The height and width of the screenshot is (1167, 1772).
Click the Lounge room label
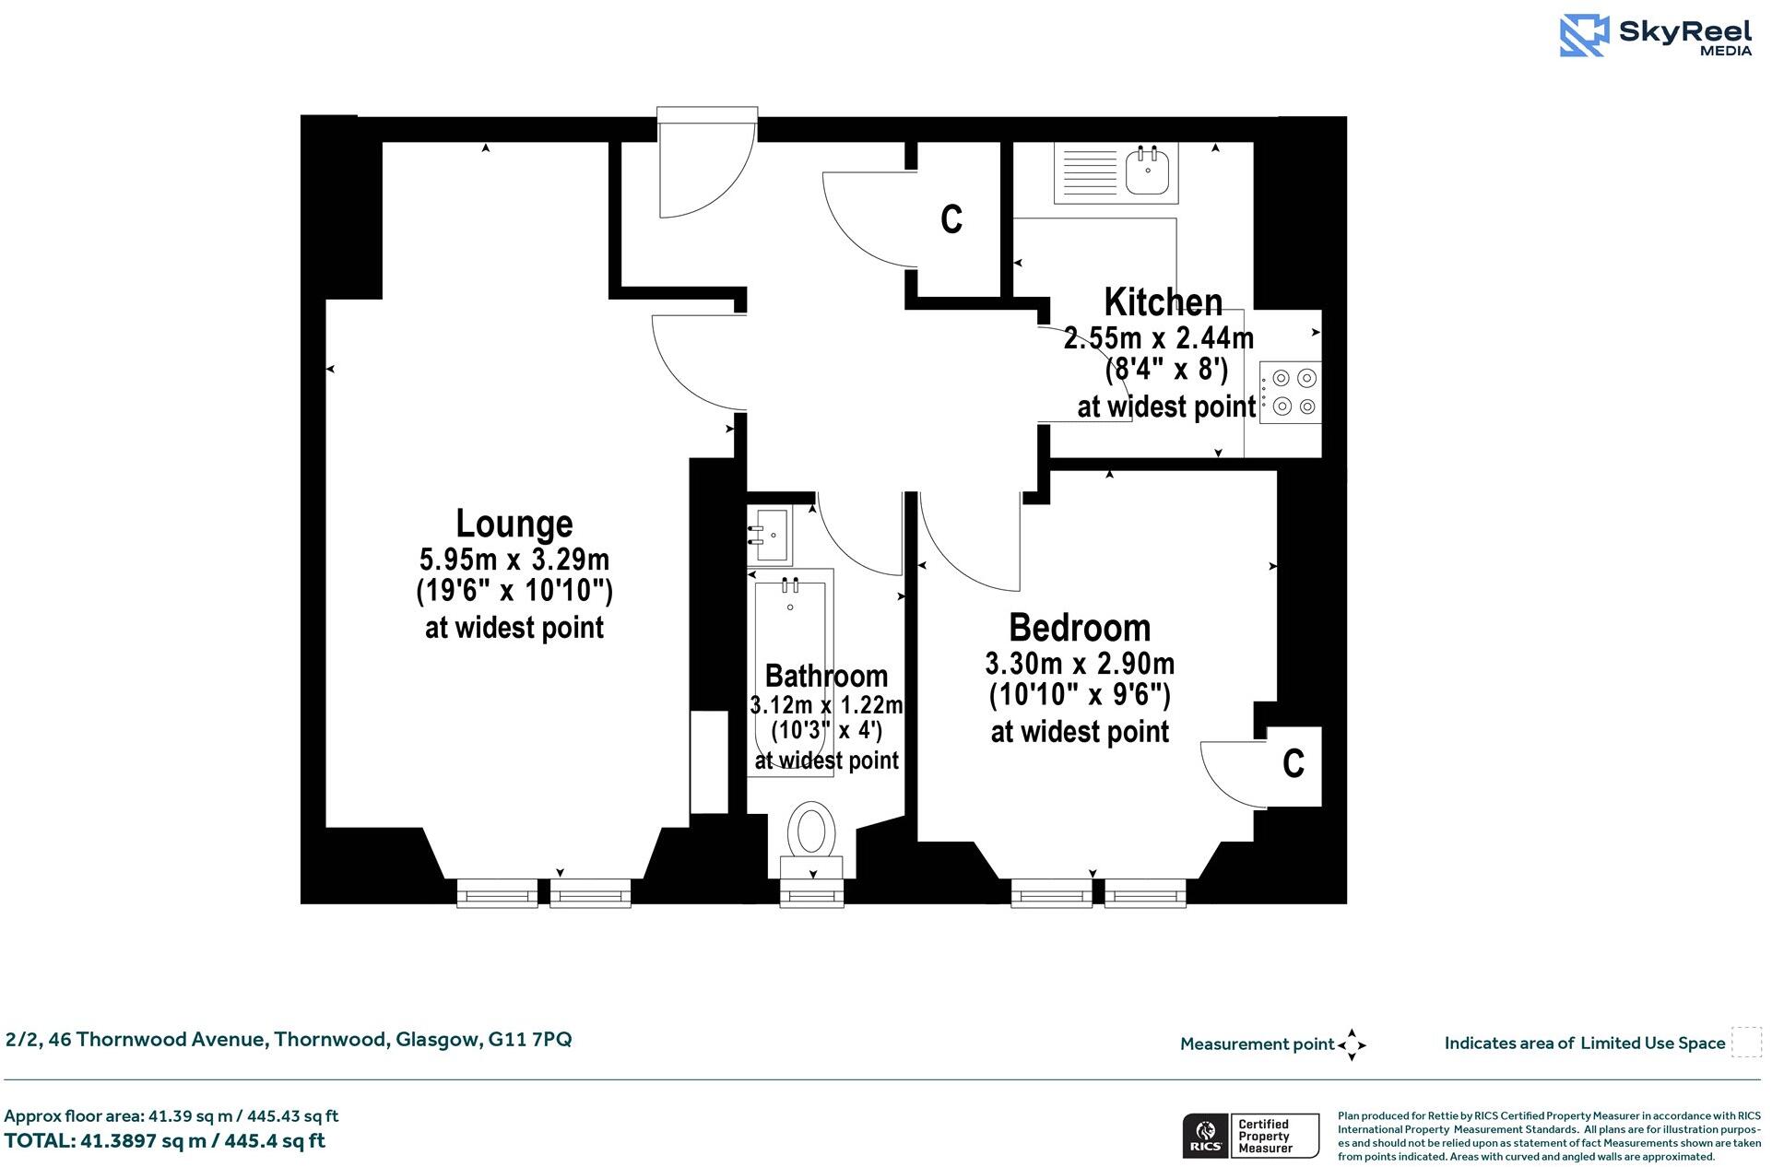point(514,524)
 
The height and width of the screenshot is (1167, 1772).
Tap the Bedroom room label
point(1080,628)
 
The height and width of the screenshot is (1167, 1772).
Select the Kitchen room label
point(1163,302)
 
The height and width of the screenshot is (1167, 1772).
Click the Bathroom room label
point(826,676)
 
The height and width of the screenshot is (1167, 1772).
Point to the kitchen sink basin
point(1148,172)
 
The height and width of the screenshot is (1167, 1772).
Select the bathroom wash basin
point(770,536)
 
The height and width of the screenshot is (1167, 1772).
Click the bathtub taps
point(790,584)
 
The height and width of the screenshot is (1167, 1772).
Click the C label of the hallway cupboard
point(951,219)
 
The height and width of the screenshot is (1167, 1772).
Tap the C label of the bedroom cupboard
point(1294,763)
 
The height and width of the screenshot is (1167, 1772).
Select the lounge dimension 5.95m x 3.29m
point(514,560)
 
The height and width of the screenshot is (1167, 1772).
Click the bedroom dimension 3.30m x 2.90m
point(1080,664)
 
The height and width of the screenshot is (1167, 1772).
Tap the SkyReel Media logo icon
point(1584,36)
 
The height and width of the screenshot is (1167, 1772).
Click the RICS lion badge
point(1204,1136)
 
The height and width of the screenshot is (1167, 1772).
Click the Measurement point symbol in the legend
point(1352,1044)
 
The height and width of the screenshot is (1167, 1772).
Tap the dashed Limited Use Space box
point(1745,1043)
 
